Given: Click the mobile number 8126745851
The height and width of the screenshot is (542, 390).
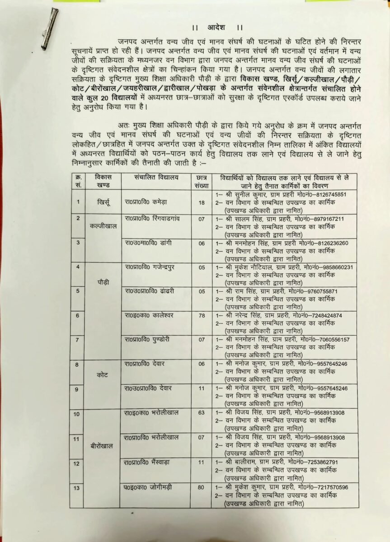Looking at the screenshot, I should tap(331, 195).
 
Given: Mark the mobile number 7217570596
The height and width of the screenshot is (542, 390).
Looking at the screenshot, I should tap(332, 487).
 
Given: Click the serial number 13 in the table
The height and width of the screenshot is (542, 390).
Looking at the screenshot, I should tap(77, 487).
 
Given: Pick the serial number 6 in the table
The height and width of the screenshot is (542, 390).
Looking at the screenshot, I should tap(77, 315).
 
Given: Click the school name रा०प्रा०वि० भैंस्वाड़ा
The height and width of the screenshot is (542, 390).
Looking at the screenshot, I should tap(151, 462).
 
